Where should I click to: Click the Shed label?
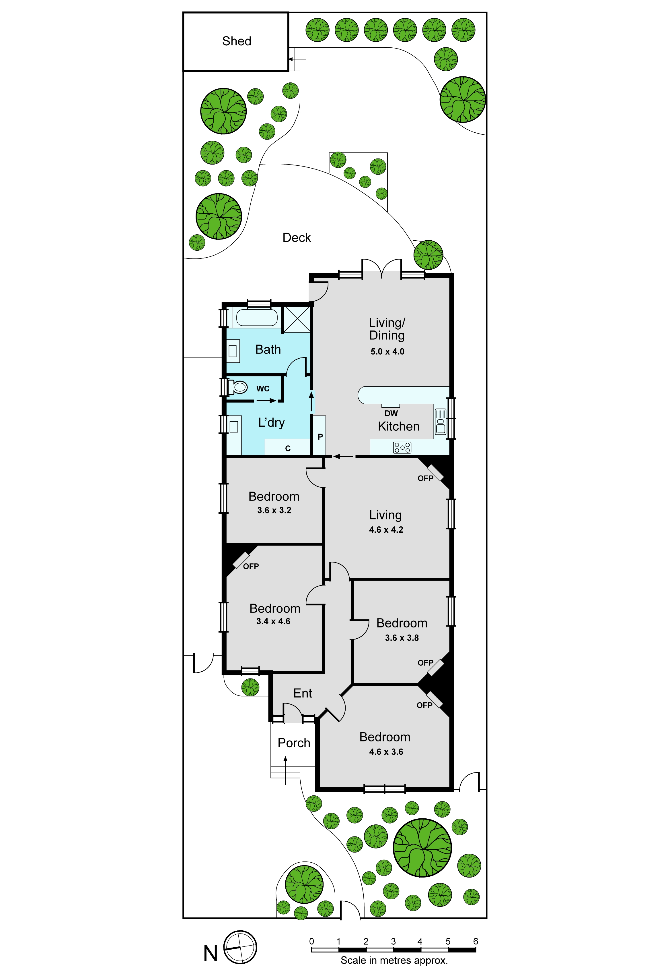pos(237,41)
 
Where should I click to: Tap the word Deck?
pos(297,238)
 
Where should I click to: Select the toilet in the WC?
pos(237,387)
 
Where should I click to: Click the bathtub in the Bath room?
pos(257,318)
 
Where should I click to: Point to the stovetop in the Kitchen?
pos(402,448)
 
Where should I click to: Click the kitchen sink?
pos(440,422)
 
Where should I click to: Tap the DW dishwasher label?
pos(391,413)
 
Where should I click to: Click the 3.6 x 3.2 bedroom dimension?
pos(274,510)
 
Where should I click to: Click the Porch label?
pos(294,743)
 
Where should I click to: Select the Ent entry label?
pos(303,693)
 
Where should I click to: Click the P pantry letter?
pos(320,437)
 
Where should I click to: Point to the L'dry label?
pos(271,422)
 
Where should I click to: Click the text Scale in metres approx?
pos(394,960)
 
